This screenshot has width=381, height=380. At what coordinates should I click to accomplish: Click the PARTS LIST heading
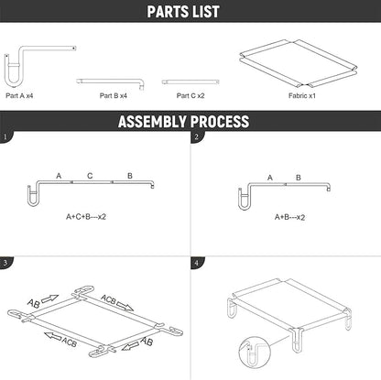(183, 12)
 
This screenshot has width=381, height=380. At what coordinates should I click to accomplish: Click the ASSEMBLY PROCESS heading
(183, 121)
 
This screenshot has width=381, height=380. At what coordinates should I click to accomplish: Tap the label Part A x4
(19, 95)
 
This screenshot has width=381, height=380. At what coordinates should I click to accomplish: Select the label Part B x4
(114, 95)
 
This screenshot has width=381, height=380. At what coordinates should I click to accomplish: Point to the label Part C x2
(190, 95)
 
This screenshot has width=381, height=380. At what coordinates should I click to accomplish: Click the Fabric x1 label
(302, 95)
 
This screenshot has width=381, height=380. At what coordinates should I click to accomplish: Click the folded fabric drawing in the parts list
(299, 63)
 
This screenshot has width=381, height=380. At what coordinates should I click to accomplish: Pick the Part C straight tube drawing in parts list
(190, 81)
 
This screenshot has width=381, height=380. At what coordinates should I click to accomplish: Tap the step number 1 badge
(5, 136)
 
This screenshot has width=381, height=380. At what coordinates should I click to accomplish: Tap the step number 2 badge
(197, 136)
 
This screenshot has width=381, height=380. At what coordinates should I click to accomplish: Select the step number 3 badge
(5, 263)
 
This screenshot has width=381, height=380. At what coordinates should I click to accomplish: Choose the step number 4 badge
(197, 263)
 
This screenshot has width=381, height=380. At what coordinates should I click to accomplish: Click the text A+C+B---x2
(86, 217)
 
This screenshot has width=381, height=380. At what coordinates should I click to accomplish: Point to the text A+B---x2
(289, 217)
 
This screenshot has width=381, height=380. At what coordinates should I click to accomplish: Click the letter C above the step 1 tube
(90, 176)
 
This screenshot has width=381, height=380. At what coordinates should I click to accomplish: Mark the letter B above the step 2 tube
(299, 178)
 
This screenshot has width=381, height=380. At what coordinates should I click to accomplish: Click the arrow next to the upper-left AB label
(49, 299)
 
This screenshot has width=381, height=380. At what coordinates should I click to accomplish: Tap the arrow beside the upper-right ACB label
(125, 307)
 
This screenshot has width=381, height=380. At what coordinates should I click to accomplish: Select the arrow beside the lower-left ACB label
(53, 336)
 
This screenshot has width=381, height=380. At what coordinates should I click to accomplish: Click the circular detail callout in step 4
(255, 353)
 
